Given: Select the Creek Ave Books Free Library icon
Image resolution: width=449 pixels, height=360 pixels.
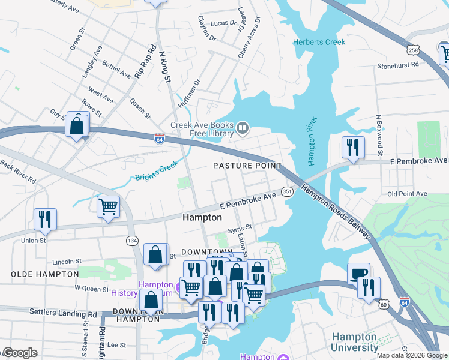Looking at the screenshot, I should pos(243,127).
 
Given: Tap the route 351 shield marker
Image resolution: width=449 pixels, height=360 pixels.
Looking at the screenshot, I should pos(287,191).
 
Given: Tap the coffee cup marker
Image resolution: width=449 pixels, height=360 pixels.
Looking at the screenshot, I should pos(359,273).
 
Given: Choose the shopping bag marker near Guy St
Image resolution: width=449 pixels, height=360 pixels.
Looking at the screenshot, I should pos(77,126).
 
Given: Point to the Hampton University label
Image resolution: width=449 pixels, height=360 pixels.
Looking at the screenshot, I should pos(355,342).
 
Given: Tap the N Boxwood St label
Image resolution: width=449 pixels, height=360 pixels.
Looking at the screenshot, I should pos(379,131).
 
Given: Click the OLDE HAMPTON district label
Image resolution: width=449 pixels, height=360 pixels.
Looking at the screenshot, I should pos(44,274).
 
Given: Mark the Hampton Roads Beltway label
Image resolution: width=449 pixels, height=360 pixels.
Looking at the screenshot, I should pos(336,212).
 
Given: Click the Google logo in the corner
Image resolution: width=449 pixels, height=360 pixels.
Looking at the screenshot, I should pos(19,353).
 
